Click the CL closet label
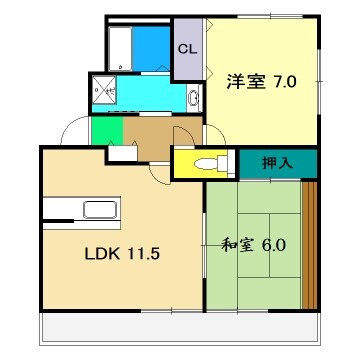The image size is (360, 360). (x=186, y=48)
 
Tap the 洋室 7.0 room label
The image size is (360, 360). (x=260, y=82)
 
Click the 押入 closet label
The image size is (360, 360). (x=278, y=161)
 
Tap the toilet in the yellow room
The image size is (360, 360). (x=206, y=164)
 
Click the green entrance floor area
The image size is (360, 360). (x=104, y=130)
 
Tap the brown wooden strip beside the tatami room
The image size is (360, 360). (x=309, y=245)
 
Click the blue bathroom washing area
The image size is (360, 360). (x=151, y=47)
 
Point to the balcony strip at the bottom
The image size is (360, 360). (x=180, y=324)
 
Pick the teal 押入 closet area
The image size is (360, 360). (x=278, y=162)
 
